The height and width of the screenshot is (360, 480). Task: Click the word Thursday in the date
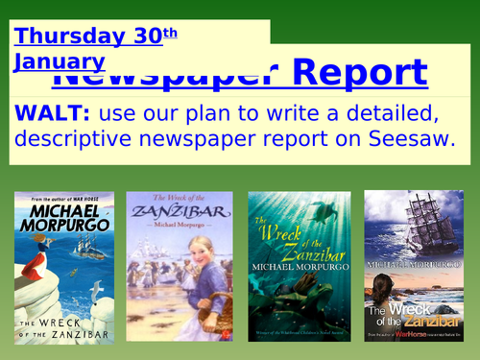click(67, 36)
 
